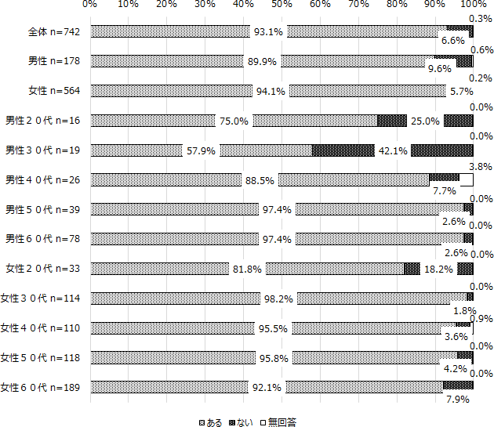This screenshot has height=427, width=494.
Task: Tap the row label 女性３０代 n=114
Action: (45, 299)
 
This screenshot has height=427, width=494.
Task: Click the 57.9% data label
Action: (201, 150)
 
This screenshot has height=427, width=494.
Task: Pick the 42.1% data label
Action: (392, 150)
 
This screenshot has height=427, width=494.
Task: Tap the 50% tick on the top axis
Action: (282, 5)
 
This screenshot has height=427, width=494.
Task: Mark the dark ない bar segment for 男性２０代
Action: (392, 121)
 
